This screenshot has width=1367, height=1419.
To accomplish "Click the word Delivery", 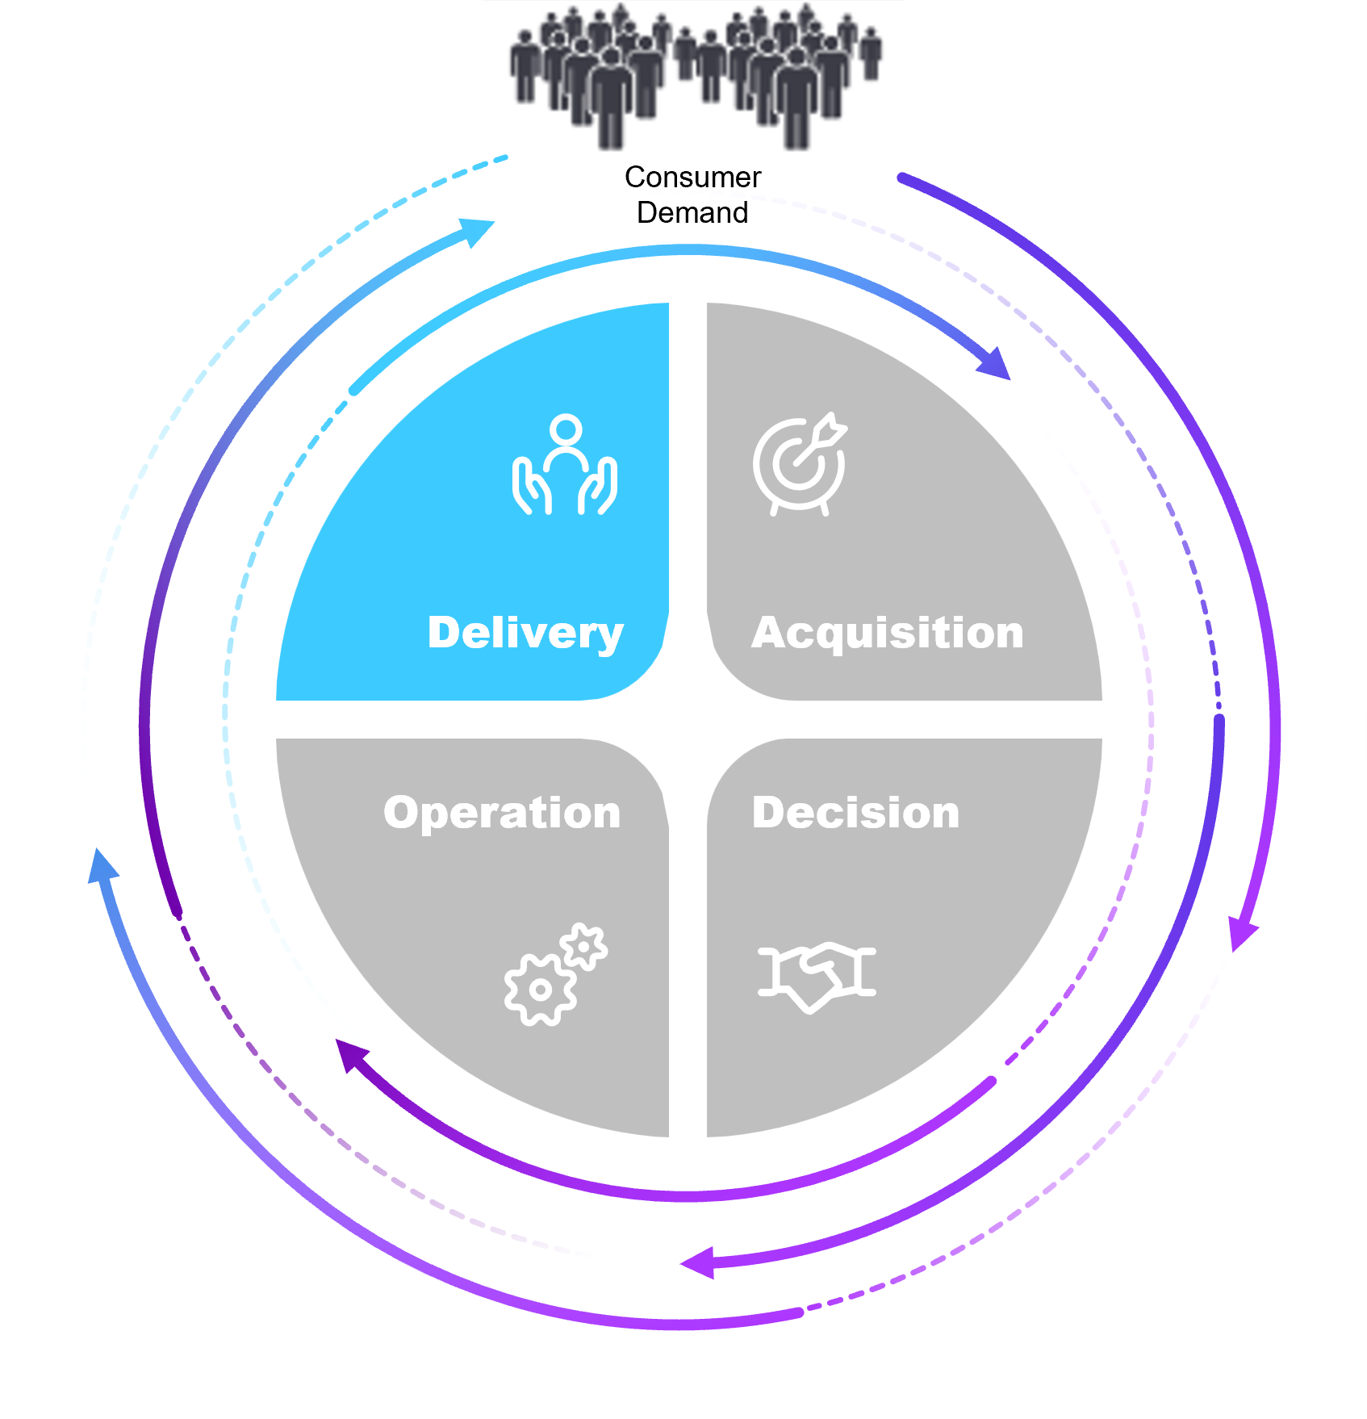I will click(x=525, y=633).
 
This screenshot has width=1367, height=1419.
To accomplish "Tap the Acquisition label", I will click(x=888, y=633).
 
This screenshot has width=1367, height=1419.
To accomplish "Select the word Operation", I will click(x=502, y=813).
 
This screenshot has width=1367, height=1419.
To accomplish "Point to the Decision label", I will click(x=855, y=813).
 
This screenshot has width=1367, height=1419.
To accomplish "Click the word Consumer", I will click(x=692, y=178).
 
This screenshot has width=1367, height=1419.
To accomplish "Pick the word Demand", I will click(x=692, y=213).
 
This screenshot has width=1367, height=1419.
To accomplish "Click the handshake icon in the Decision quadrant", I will click(x=817, y=974).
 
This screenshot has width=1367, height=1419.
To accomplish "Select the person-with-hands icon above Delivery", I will click(x=565, y=466).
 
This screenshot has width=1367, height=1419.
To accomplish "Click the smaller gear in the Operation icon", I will click(x=584, y=945).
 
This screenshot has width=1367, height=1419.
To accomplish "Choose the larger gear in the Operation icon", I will click(x=539, y=990).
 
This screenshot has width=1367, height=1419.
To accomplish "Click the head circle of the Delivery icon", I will click(x=566, y=430).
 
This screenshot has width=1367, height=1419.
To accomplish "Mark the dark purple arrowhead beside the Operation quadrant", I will click(x=351, y=1054).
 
